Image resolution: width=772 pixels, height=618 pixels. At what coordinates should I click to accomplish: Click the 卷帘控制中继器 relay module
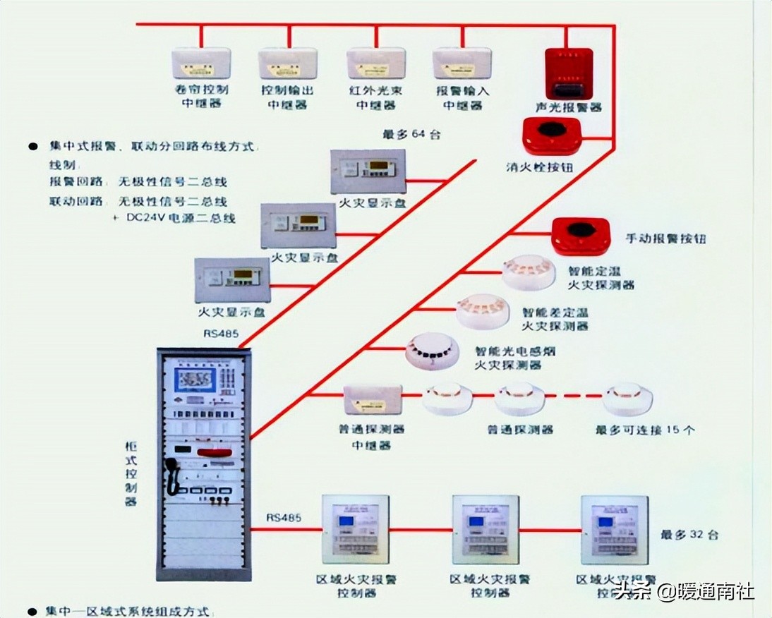pyautogui.click(x=201, y=63)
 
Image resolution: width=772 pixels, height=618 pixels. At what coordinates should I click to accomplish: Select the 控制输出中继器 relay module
pyautogui.click(x=287, y=63)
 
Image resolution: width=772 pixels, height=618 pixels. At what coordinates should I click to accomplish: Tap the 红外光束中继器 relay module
pyautogui.click(x=375, y=63)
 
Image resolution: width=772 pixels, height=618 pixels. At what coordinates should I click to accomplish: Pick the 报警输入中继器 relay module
pyautogui.click(x=462, y=63)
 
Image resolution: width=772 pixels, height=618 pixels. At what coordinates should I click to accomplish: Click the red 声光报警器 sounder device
pyautogui.click(x=568, y=74)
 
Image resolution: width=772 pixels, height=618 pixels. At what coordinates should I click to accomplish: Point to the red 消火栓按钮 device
pyautogui.click(x=551, y=136)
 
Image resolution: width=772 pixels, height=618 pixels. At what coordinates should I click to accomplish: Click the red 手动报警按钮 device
pyautogui.click(x=580, y=236)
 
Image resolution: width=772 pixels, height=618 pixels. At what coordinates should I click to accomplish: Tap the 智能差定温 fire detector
pyautogui.click(x=481, y=310)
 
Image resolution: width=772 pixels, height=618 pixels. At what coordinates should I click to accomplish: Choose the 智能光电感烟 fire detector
pyautogui.click(x=432, y=349)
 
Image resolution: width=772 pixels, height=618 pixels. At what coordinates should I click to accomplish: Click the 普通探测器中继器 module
pyautogui.click(x=373, y=399)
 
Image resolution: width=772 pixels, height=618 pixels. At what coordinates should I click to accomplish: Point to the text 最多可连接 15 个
pyautogui.click(x=645, y=429)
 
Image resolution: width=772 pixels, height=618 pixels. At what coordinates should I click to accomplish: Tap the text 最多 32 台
pyautogui.click(x=689, y=535)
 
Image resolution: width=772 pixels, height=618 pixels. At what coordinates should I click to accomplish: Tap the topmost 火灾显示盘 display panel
pyautogui.click(x=368, y=171)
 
